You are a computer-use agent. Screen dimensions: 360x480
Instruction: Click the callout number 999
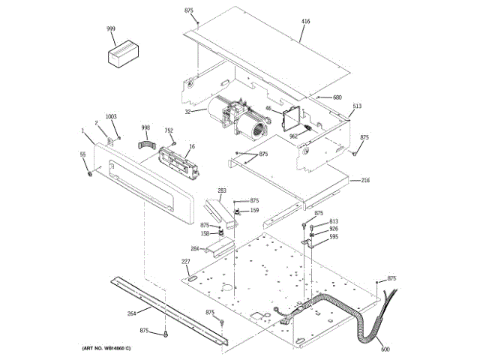coord(111,28)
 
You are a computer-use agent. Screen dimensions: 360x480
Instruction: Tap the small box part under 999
coord(121,55)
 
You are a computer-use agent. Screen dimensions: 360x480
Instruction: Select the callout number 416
coord(305,21)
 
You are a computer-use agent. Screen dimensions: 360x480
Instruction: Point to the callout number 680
coord(337,97)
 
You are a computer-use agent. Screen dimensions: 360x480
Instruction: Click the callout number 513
coord(357,106)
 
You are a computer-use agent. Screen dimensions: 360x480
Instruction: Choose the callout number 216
coord(365,180)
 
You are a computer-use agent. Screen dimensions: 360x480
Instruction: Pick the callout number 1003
coord(111,116)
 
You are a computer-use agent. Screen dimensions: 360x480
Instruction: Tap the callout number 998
coord(145,127)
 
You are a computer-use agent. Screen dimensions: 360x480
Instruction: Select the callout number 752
coord(169,130)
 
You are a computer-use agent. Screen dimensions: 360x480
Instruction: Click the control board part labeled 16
coord(177,162)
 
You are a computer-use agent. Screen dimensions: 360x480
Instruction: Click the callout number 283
coord(222,190)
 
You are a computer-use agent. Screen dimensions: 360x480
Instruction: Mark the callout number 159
coord(254,211)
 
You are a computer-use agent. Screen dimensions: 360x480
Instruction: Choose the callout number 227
coord(185,261)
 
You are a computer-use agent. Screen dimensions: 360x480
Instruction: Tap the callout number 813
coord(333,221)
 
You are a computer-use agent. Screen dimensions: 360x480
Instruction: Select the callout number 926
coord(333,229)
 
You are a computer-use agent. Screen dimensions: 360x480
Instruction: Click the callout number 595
coord(333,237)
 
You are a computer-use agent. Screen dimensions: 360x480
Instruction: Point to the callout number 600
coord(385,349)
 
